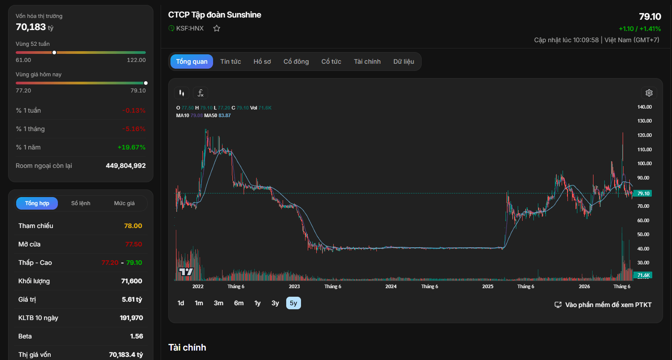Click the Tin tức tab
click(x=231, y=61)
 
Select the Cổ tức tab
click(x=331, y=61)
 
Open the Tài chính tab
click(x=367, y=61)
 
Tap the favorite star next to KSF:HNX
click(x=217, y=29)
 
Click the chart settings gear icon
click(x=649, y=93)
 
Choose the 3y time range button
click(x=275, y=303)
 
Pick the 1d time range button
click(x=181, y=303)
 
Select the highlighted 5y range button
click(x=293, y=303)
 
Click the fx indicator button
click(x=201, y=93)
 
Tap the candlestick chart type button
click(x=182, y=93)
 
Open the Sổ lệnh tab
click(x=81, y=203)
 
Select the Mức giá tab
click(x=124, y=203)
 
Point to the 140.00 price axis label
click(x=644, y=107)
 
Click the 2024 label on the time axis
click(x=391, y=286)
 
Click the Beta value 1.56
click(x=136, y=336)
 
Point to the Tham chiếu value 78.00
click(x=133, y=226)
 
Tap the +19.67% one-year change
click(x=131, y=147)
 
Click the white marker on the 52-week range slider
click(x=54, y=53)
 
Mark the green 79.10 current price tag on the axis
click(x=642, y=193)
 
